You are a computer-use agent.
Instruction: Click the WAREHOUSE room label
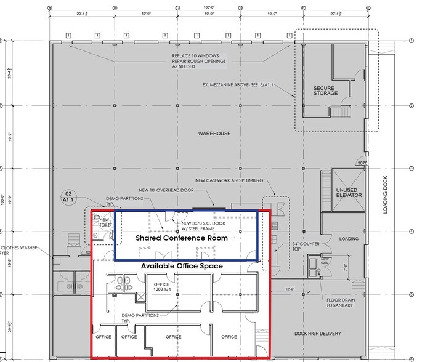(x=214, y=134)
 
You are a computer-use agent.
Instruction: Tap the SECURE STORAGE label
(x=325, y=90)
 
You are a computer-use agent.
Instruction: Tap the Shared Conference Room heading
(x=182, y=238)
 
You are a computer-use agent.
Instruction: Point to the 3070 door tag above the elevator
(x=361, y=164)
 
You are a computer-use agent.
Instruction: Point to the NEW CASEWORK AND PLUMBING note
(x=230, y=180)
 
